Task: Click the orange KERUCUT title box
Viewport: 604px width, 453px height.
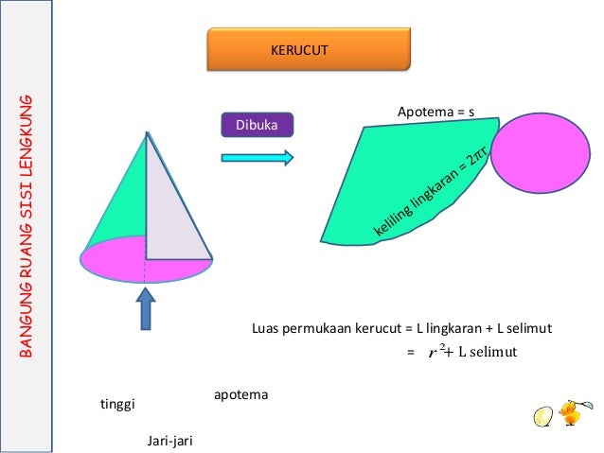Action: (x=309, y=49)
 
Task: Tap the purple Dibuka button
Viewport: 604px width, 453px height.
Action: (x=257, y=125)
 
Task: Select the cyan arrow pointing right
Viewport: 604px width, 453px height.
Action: (x=257, y=157)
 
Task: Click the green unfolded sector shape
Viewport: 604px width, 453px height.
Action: (x=398, y=180)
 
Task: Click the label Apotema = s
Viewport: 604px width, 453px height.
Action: (x=435, y=113)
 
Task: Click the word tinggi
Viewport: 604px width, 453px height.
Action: (x=118, y=405)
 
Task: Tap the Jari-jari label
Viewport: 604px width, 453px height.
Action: (x=170, y=440)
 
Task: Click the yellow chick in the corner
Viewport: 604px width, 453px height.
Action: (x=571, y=413)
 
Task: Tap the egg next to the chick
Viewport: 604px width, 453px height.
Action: (x=542, y=416)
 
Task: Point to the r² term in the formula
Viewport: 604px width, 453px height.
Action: (x=436, y=352)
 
